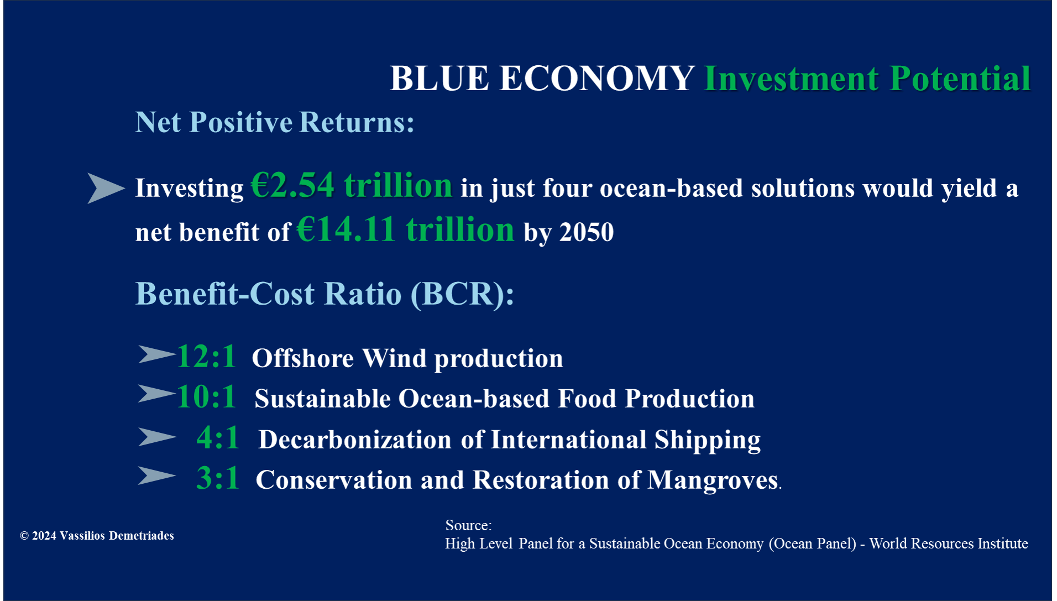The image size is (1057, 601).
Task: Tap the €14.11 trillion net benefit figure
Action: (x=406, y=229)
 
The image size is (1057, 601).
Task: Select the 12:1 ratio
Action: (x=206, y=356)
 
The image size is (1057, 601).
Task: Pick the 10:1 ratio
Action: (x=206, y=396)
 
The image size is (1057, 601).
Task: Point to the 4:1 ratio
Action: (x=218, y=437)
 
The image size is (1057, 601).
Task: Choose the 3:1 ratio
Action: (x=218, y=478)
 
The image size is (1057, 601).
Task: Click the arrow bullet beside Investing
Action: (x=106, y=188)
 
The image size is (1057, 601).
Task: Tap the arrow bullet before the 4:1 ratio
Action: (x=157, y=437)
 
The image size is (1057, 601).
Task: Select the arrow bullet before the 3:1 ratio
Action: (x=157, y=475)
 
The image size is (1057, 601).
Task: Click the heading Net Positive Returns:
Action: (x=275, y=122)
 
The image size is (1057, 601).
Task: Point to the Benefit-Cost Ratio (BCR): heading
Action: (x=325, y=294)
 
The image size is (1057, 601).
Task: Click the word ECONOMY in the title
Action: (x=597, y=78)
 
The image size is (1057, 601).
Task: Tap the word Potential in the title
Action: (x=961, y=78)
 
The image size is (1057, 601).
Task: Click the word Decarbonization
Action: (x=355, y=440)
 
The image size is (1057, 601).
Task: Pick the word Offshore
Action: (x=302, y=358)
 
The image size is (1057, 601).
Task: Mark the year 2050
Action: (x=587, y=232)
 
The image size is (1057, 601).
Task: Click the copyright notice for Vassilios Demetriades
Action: (x=97, y=536)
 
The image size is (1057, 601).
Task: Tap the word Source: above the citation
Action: (x=469, y=525)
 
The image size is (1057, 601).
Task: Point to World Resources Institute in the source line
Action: (x=949, y=543)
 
